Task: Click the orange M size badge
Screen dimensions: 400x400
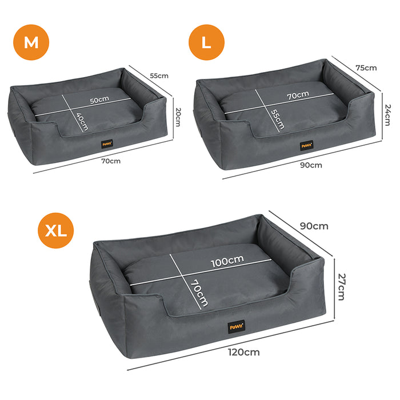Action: pyautogui.click(x=31, y=43)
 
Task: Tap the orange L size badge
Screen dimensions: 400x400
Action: pyautogui.click(x=207, y=43)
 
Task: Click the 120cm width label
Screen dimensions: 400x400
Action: pyautogui.click(x=243, y=352)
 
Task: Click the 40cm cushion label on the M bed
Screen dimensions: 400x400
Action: pyautogui.click(x=83, y=121)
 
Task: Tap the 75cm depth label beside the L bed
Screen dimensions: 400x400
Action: pyautogui.click(x=366, y=67)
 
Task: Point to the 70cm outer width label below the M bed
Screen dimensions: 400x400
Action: pyautogui.click(x=111, y=161)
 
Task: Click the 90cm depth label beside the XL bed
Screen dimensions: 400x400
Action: pyautogui.click(x=314, y=226)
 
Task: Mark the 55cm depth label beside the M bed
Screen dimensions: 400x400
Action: pyautogui.click(x=159, y=75)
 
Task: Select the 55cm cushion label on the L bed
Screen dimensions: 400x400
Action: pyautogui.click(x=277, y=119)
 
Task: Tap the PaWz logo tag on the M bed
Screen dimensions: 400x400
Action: pyautogui.click(x=107, y=145)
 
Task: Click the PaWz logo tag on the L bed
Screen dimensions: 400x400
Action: pyautogui.click(x=306, y=145)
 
